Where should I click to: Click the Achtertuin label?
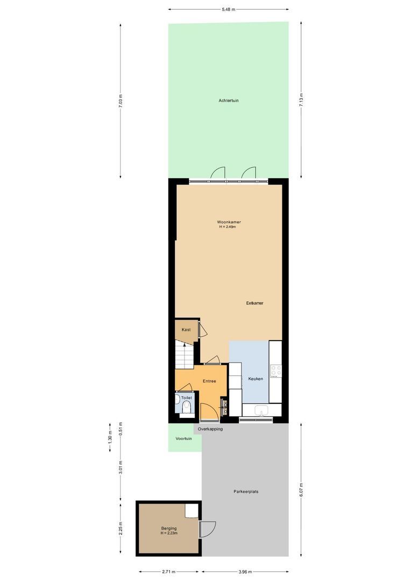[x=229, y=101]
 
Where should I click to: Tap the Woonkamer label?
[x=229, y=222]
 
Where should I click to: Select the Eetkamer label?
[x=254, y=303]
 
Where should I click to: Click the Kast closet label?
[x=186, y=330]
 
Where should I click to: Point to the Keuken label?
[x=256, y=379]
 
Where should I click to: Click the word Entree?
[x=209, y=381]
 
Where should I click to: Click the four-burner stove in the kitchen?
[x=276, y=371]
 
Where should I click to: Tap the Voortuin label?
[x=183, y=438]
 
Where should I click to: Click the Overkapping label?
[x=210, y=429]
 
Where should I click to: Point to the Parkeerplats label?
[x=246, y=491]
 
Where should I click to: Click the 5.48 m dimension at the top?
[x=228, y=9]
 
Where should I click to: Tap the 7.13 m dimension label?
[x=301, y=100]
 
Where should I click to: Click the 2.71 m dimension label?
[x=168, y=572]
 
